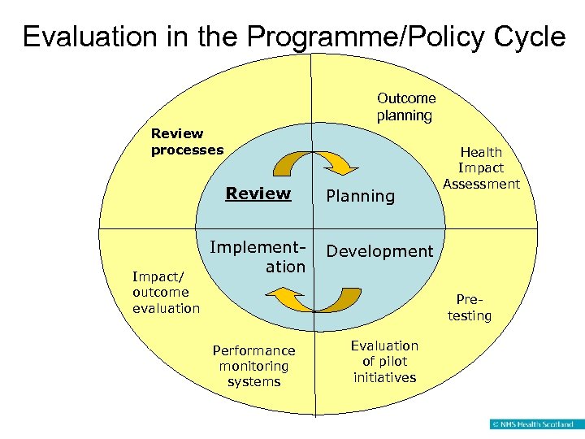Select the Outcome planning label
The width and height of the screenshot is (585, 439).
(405, 106)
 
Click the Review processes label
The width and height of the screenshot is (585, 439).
(187, 141)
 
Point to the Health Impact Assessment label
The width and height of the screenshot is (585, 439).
(481, 167)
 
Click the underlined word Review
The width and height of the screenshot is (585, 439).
(258, 193)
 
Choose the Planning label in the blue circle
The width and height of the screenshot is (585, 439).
(360, 196)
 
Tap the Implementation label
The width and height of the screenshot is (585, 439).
(258, 256)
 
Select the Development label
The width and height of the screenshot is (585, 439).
(379, 251)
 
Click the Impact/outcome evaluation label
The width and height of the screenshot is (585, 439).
(166, 292)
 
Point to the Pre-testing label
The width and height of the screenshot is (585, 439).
(470, 307)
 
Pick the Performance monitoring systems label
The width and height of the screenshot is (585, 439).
(253, 366)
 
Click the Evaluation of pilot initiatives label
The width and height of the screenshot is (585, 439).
(384, 361)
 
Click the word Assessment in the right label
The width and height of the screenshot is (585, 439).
(481, 184)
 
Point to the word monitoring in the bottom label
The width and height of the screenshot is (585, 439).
(253, 366)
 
